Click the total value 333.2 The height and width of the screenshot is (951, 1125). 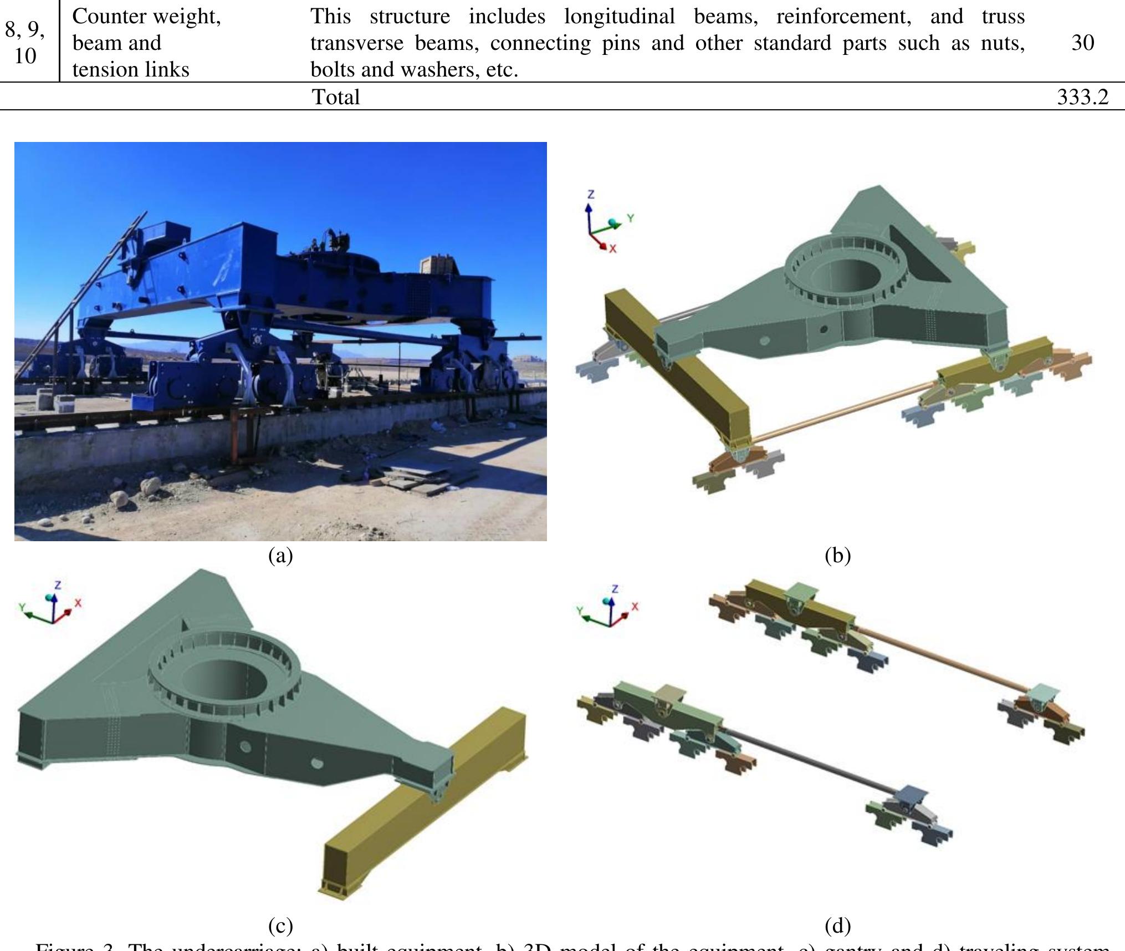pyautogui.click(x=1082, y=97)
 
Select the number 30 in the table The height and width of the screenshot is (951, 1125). pyautogui.click(x=1082, y=43)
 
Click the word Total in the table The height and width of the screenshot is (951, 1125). pyautogui.click(x=336, y=97)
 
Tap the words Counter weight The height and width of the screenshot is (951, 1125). pyautogui.click(x=146, y=17)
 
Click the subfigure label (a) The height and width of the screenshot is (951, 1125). pyautogui.click(x=280, y=555)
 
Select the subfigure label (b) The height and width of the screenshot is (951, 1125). pyautogui.click(x=837, y=555)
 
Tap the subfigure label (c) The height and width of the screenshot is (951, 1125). pyautogui.click(x=280, y=925)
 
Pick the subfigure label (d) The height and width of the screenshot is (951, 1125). pyautogui.click(x=837, y=925)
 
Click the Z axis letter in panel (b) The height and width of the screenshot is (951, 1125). pyautogui.click(x=591, y=194)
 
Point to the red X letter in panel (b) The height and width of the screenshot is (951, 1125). pyautogui.click(x=612, y=249)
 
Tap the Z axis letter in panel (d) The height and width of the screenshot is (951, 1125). pyautogui.click(x=615, y=589)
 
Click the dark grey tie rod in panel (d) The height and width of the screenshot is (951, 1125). pyautogui.click(x=809, y=760)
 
